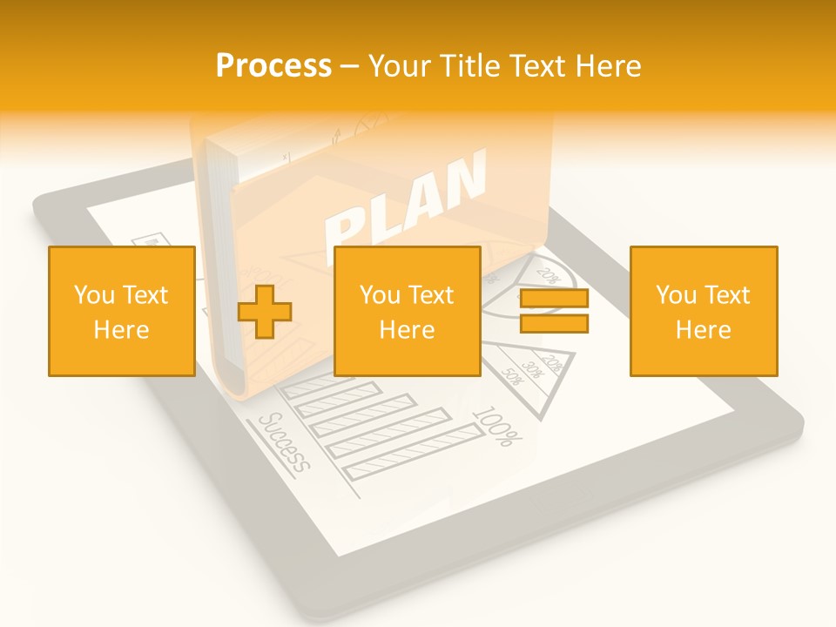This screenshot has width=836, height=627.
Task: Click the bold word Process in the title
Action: [x=273, y=66]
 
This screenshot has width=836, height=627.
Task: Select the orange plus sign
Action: [x=265, y=312]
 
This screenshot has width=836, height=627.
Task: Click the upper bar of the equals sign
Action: [x=554, y=299]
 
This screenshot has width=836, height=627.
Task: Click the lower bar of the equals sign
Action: [x=554, y=324]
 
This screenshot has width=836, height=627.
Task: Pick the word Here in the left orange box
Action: [x=121, y=330]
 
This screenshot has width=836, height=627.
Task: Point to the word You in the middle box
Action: [x=380, y=295]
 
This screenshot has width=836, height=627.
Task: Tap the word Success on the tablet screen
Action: [x=285, y=442]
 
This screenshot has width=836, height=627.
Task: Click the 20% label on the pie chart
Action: [x=548, y=275]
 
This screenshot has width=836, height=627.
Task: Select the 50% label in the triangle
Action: [x=511, y=378]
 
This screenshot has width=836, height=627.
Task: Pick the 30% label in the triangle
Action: [x=532, y=369]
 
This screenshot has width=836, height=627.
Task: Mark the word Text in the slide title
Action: [x=535, y=66]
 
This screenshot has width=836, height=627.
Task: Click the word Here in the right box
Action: [x=703, y=330]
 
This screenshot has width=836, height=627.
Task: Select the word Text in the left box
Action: [x=146, y=295]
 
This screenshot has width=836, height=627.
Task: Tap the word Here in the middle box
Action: [x=407, y=330]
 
